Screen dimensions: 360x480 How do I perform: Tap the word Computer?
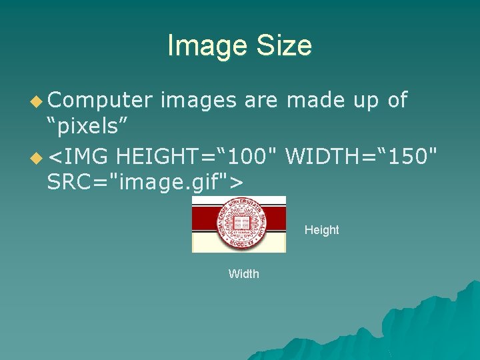pyautogui.click(x=100, y=100)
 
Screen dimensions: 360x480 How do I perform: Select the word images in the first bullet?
pyautogui.click(x=198, y=100)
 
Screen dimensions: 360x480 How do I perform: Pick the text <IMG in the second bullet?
pyautogui.click(x=78, y=157)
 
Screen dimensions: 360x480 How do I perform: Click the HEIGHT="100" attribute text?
pyautogui.click(x=196, y=157)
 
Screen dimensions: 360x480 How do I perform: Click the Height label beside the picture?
pyautogui.click(x=321, y=230)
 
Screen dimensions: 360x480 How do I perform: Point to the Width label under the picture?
pyautogui.click(x=243, y=274)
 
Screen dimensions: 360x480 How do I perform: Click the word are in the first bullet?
pyautogui.click(x=261, y=100)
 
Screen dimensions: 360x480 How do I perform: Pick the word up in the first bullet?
pyautogui.click(x=364, y=101)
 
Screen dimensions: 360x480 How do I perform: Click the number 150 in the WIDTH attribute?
pyautogui.click(x=411, y=157)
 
